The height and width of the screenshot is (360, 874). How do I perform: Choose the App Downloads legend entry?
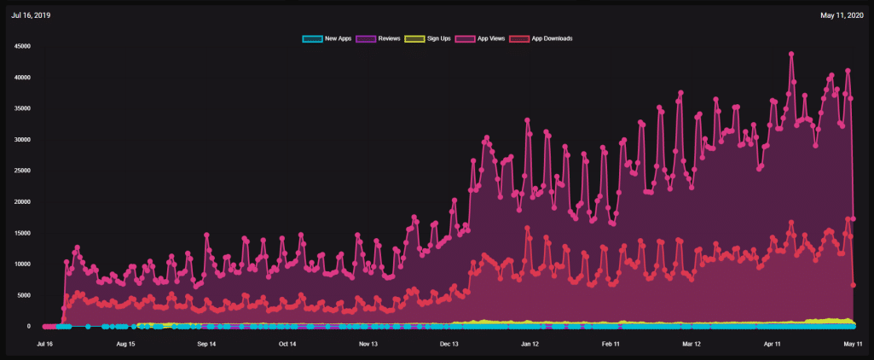(541, 38)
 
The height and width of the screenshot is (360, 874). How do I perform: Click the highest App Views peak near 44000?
(791, 54)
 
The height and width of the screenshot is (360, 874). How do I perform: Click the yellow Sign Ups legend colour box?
(414, 38)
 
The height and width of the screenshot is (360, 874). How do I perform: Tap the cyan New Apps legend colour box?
(312, 38)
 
